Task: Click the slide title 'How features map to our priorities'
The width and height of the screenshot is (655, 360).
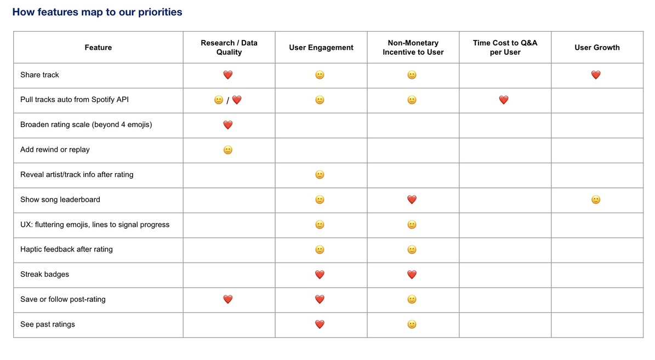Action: (97, 12)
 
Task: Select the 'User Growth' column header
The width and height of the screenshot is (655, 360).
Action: (597, 48)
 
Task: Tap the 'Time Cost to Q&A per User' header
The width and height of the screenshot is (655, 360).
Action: (505, 48)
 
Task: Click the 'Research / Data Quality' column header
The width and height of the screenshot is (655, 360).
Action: (229, 48)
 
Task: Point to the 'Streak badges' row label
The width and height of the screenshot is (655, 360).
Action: (44, 274)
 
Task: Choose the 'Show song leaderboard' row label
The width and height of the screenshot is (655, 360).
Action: (60, 199)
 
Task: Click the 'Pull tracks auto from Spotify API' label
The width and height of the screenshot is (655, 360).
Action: (75, 100)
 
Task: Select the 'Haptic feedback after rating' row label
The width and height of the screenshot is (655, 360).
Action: (66, 249)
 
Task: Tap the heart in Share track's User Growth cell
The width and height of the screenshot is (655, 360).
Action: (596, 75)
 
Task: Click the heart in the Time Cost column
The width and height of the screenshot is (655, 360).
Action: (504, 100)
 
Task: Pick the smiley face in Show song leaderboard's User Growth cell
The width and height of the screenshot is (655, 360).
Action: (596, 200)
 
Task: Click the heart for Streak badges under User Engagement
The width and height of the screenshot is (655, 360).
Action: (320, 275)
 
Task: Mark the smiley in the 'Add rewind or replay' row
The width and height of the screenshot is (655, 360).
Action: (228, 150)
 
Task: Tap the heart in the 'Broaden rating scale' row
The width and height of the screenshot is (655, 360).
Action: (228, 125)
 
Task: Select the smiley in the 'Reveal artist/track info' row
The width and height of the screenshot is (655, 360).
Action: (320, 175)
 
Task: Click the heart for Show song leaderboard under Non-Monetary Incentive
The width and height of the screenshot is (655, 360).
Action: (412, 200)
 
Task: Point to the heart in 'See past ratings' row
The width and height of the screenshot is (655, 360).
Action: (320, 324)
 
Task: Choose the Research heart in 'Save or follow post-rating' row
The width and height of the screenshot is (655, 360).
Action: (228, 299)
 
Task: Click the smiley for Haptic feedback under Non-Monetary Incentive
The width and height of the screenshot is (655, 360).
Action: (412, 250)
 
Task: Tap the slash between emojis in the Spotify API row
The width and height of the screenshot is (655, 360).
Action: (227, 101)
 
